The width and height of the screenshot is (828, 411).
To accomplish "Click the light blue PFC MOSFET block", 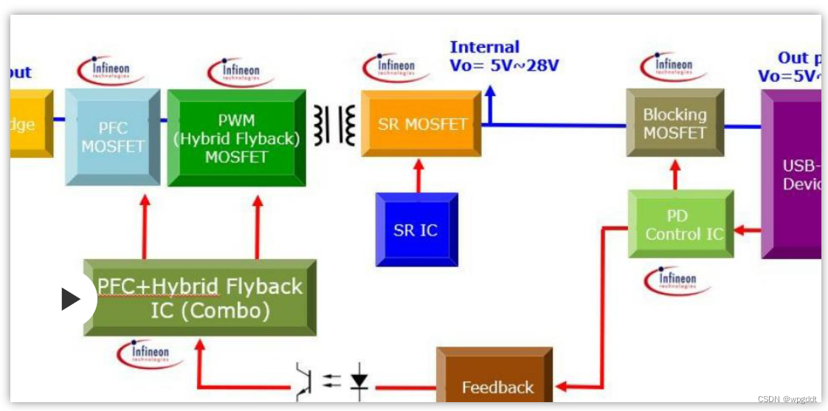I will (x=112, y=137).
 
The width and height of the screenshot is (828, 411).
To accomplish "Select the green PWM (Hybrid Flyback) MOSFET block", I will (x=236, y=138).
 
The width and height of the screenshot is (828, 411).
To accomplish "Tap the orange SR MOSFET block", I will (x=421, y=124).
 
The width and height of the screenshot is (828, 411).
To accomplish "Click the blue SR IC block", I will (x=416, y=229).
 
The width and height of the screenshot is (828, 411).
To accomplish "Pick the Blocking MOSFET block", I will (x=675, y=123).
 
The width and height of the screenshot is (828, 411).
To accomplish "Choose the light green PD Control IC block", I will (x=680, y=224).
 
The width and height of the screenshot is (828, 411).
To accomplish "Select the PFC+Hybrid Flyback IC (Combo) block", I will (x=200, y=298).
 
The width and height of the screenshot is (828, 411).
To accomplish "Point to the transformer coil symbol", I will (x=334, y=125).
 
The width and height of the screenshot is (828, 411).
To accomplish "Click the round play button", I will (x=72, y=299).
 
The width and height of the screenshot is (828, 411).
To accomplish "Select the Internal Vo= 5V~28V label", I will (x=504, y=57).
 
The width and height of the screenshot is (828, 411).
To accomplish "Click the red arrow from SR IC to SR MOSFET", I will (x=418, y=175).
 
